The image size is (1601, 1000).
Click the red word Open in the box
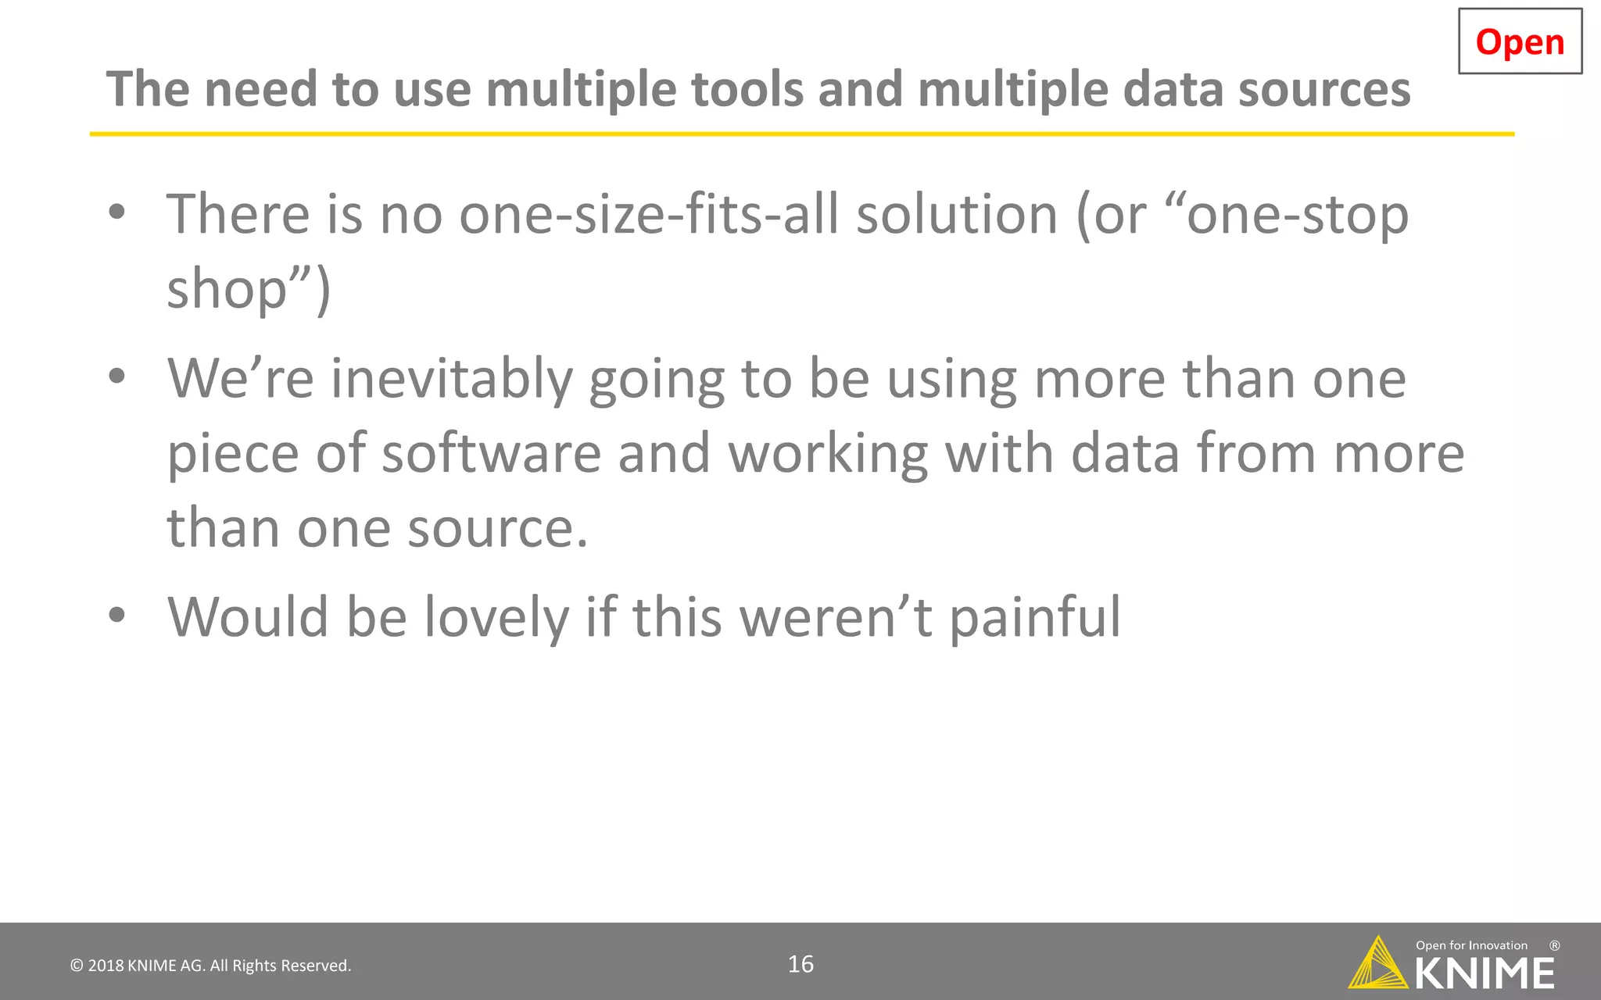tap(1520, 42)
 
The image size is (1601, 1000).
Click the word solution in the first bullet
tap(957, 214)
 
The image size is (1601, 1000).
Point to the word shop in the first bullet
tap(227, 289)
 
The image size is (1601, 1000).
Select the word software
tap(491, 454)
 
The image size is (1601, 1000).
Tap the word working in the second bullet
tap(829, 454)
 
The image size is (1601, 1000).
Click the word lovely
tap(496, 617)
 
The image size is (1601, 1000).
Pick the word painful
tap(1035, 617)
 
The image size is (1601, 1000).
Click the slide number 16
tap(800, 964)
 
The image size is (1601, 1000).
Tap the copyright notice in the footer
tap(211, 966)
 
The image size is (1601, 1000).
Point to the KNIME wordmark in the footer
tap(1485, 973)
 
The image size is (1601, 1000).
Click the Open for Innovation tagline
tap(1471, 945)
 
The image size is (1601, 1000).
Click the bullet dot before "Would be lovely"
tap(117, 615)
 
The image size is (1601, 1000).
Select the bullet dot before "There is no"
tap(117, 212)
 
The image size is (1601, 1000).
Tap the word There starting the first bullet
tap(238, 214)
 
